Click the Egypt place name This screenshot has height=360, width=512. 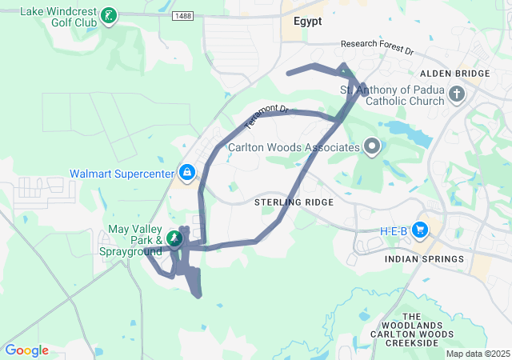307,22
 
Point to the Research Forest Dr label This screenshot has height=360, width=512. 377,48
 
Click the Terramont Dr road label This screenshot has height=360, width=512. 265,118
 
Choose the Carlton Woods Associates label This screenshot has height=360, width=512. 293,147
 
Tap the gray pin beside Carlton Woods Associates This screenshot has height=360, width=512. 371,146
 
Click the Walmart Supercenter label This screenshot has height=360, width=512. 121,173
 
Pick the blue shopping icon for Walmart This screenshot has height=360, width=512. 186,172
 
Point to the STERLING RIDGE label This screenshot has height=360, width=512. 294,202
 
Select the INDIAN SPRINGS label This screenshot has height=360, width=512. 424,259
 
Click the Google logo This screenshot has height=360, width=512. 26,350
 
